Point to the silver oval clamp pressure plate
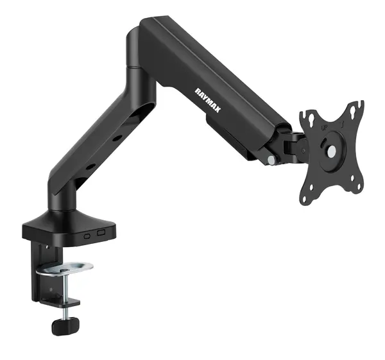tap(64, 268)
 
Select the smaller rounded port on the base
tap(87, 236)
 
